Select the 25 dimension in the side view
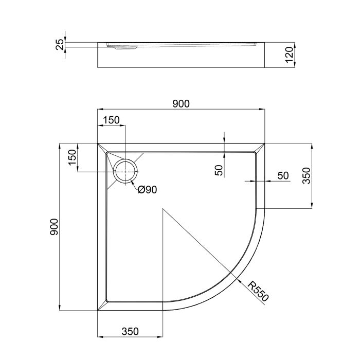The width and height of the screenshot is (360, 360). tap(60, 45)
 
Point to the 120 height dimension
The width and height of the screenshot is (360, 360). tap(289, 54)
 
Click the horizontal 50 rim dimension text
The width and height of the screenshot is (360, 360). tap(283, 175)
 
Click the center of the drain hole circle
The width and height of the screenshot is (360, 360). tap(125, 171)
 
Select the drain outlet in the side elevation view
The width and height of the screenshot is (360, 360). tap(122, 47)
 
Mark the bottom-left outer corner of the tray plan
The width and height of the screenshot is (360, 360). tap(98, 310)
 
